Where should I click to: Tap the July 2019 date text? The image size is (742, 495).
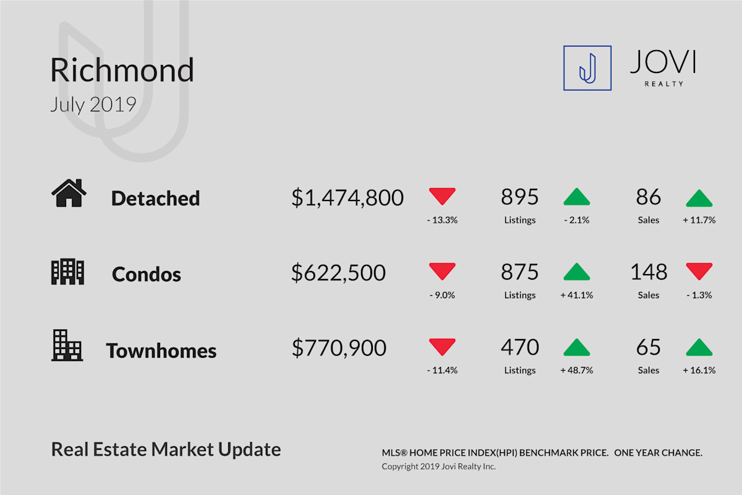(x=93, y=105)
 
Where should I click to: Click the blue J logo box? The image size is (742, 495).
(x=587, y=68)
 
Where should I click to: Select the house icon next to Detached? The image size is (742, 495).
(x=69, y=193)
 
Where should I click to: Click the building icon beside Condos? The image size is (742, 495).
(x=67, y=272)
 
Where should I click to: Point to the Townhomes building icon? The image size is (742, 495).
(x=67, y=345)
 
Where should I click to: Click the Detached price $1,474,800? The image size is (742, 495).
(x=348, y=197)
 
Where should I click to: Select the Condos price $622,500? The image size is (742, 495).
(x=339, y=273)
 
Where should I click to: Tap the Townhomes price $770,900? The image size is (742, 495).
(x=339, y=348)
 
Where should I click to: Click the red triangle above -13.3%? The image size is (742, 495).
(x=442, y=196)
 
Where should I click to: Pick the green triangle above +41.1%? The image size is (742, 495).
(x=577, y=272)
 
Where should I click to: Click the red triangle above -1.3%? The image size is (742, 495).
(x=699, y=271)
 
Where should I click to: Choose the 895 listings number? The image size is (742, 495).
(x=520, y=197)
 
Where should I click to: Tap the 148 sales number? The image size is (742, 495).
(x=649, y=272)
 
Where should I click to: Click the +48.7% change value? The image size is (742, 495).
(x=577, y=370)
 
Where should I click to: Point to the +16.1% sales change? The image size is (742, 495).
(x=699, y=370)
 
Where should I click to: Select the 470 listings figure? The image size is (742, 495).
(x=520, y=347)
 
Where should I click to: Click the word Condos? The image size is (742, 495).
(x=147, y=275)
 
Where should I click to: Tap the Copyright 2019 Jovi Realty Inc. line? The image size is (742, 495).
(x=438, y=467)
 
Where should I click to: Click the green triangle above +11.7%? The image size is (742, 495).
(x=699, y=199)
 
